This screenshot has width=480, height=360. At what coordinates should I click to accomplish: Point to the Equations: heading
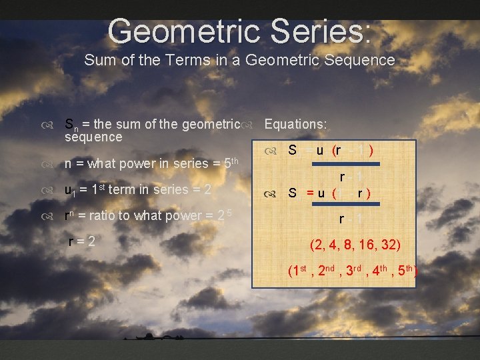(x=295, y=124)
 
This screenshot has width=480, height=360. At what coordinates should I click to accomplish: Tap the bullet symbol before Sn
(x=46, y=125)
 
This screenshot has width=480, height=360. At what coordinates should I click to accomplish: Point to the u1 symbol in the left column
(x=69, y=190)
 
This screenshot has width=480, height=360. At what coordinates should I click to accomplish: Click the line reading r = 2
(x=82, y=241)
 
